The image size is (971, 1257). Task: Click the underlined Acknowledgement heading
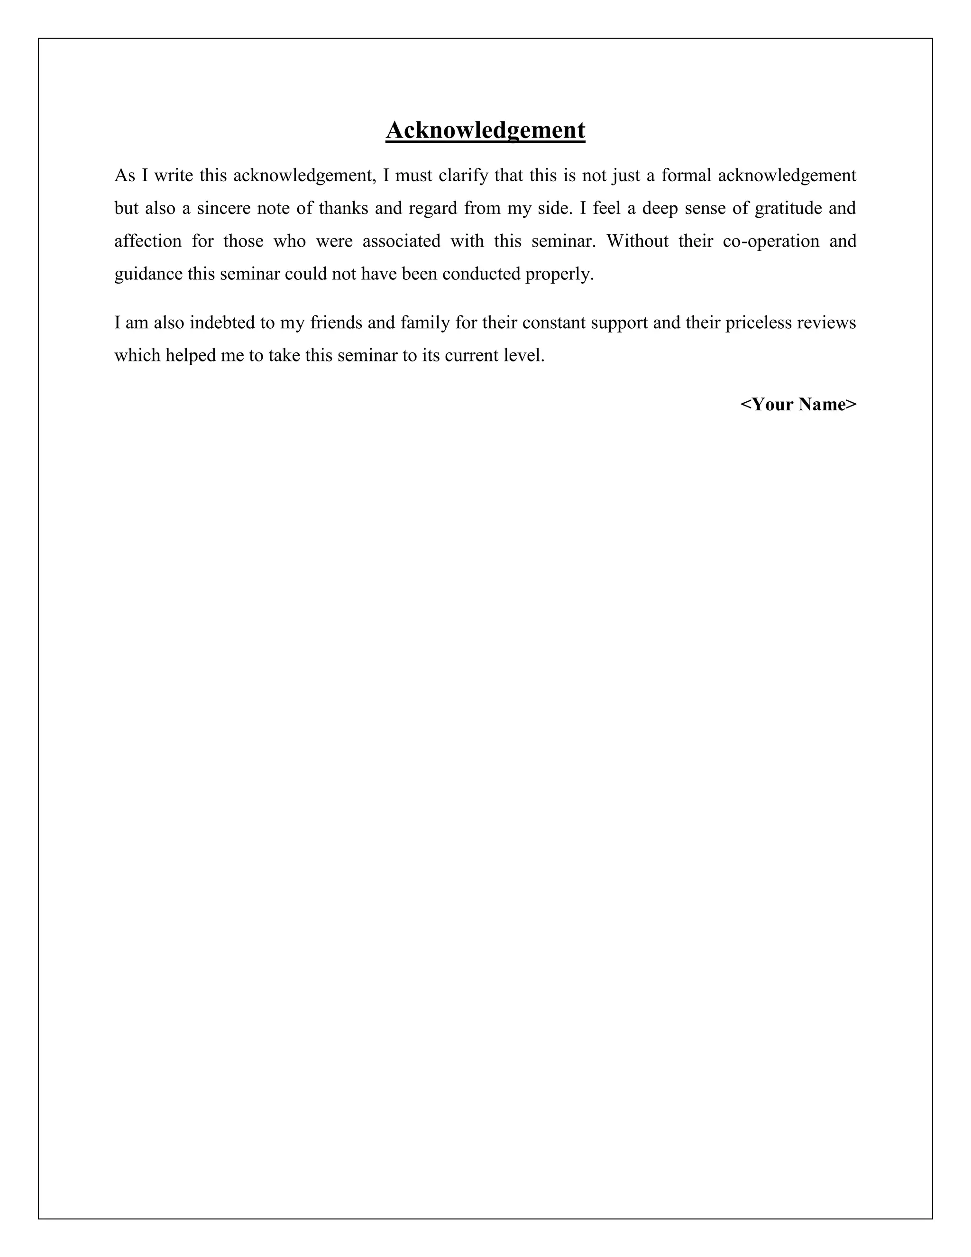(485, 130)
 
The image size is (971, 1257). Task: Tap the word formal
(686, 176)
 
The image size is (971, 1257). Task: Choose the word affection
(148, 241)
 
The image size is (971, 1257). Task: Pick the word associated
(401, 241)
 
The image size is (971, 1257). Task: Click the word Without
(637, 241)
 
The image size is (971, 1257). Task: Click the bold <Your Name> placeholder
(798, 405)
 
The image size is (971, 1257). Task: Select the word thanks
(343, 208)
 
